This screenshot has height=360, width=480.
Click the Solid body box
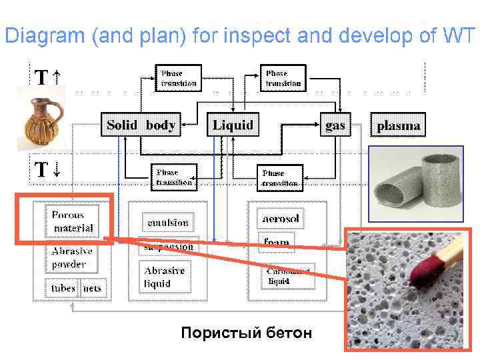141,125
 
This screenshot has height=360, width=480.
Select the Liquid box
233,125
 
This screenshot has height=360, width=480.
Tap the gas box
335,125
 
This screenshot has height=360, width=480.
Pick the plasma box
399,125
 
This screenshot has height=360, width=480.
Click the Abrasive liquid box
165,277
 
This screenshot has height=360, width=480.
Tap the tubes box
63,288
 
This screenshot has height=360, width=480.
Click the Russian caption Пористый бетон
246,333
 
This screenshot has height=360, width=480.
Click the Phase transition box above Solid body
179,78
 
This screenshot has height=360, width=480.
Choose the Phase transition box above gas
283,78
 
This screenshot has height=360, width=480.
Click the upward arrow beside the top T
57,79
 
